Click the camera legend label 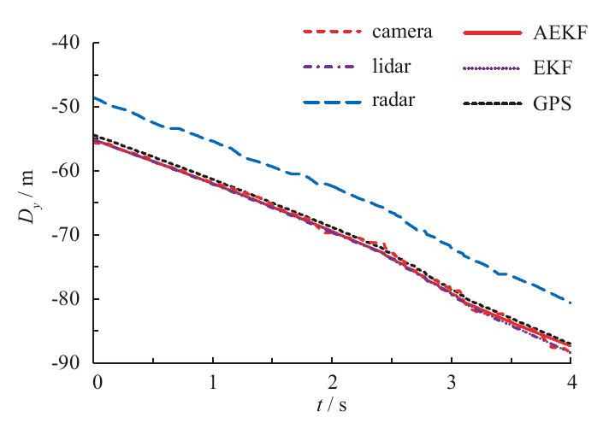(402, 32)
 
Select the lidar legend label (390, 68)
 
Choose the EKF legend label (548, 68)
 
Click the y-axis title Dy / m (30, 203)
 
